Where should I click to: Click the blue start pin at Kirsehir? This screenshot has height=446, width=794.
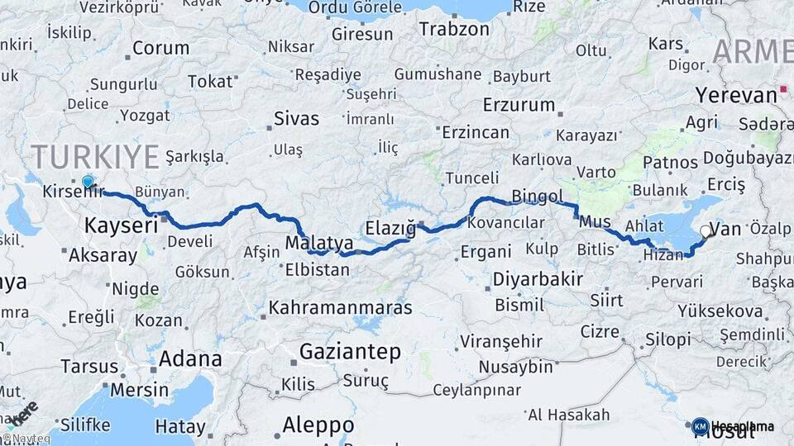tap(88, 182)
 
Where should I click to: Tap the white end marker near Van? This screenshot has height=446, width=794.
tap(705, 231)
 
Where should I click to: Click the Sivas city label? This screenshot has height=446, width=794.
tap(296, 117)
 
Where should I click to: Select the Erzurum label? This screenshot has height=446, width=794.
tap(519, 105)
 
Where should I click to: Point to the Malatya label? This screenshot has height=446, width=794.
tap(319, 243)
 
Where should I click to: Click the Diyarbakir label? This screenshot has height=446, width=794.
tap(538, 279)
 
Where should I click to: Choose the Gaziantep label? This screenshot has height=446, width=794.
tap(350, 351)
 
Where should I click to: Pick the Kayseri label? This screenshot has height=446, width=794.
tap(121, 225)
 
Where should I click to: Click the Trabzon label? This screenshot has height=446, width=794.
tap(454, 29)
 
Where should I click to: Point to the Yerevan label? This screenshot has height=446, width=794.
tap(735, 94)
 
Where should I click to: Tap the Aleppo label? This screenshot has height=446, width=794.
tap(318, 425)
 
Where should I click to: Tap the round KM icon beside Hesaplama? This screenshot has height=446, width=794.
tap(700, 426)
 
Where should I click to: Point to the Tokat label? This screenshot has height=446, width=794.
tap(210, 81)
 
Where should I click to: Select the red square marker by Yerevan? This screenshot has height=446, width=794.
tap(782, 89)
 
